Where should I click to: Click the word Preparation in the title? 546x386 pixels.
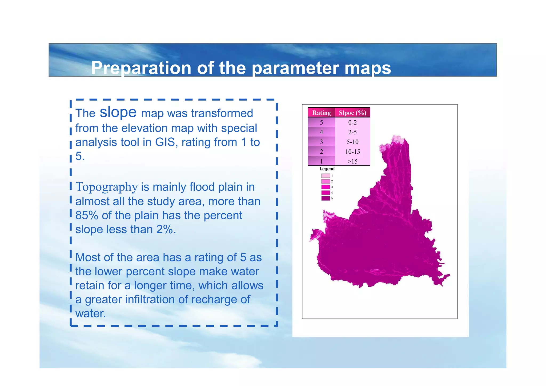point(141,68)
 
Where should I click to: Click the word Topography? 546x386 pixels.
point(107,187)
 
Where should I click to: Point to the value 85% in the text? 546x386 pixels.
point(87,215)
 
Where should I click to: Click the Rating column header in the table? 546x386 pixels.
point(321,113)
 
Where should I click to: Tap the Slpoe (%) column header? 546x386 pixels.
point(352,113)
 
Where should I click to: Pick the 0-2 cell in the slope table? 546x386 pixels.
point(352,122)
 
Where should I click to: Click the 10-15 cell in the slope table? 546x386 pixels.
point(352,152)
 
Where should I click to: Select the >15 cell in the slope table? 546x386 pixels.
point(352,161)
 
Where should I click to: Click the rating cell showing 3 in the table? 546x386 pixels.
point(321,142)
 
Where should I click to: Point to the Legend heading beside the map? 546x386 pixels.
point(327,169)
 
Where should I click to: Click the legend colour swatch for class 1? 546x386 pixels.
point(326,176)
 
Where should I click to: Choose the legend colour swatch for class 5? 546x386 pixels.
point(326,198)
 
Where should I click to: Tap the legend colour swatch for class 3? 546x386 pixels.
point(326,187)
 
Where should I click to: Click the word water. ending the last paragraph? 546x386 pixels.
point(91,314)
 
